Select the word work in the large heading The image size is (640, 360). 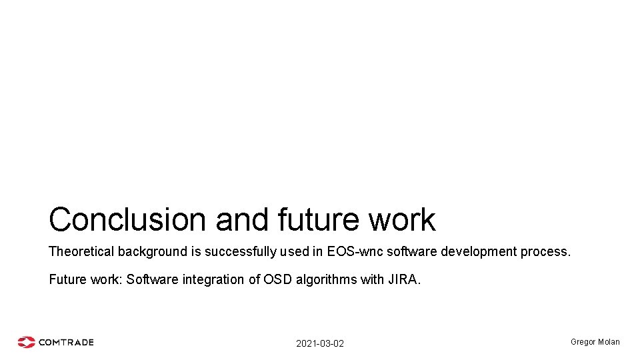point(405,219)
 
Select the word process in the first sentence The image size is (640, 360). point(549,252)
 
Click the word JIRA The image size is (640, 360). point(403,279)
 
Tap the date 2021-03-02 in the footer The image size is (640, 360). point(320,343)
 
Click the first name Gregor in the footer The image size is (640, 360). point(583,342)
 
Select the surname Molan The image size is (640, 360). point(609,342)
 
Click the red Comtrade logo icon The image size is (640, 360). point(26,342)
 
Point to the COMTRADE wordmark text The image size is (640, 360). point(66,342)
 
